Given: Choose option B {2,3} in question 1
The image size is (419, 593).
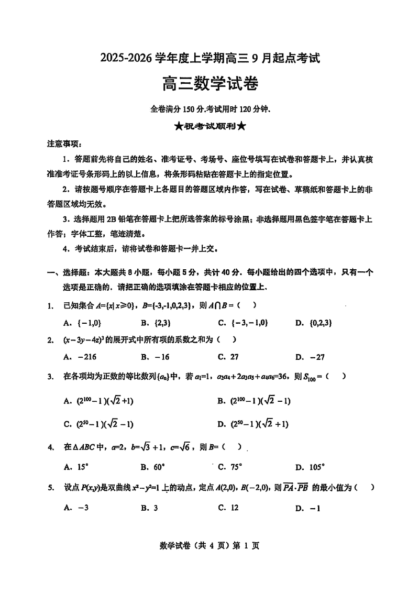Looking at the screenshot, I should coord(156,322).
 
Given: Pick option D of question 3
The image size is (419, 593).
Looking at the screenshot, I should coord(252,424).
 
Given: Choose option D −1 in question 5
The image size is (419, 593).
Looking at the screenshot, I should coord(307,507).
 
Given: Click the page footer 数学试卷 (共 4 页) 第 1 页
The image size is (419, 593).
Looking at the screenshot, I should coord(209,546).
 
